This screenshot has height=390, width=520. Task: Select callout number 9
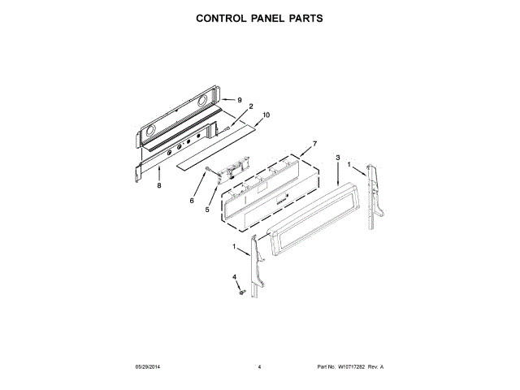tap(240, 99)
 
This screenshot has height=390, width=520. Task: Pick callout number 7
tap(314, 145)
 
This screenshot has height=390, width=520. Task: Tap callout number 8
tap(159, 186)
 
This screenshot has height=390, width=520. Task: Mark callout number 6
tap(192, 200)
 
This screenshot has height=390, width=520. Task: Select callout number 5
tap(207, 209)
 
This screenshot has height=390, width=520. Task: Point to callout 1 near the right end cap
tap(351, 165)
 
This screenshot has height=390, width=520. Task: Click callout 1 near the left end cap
tap(235, 247)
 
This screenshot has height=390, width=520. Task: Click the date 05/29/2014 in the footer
tap(148, 367)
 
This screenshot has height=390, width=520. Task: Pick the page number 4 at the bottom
tap(259, 367)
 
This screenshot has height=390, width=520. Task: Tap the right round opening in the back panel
tap(204, 101)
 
